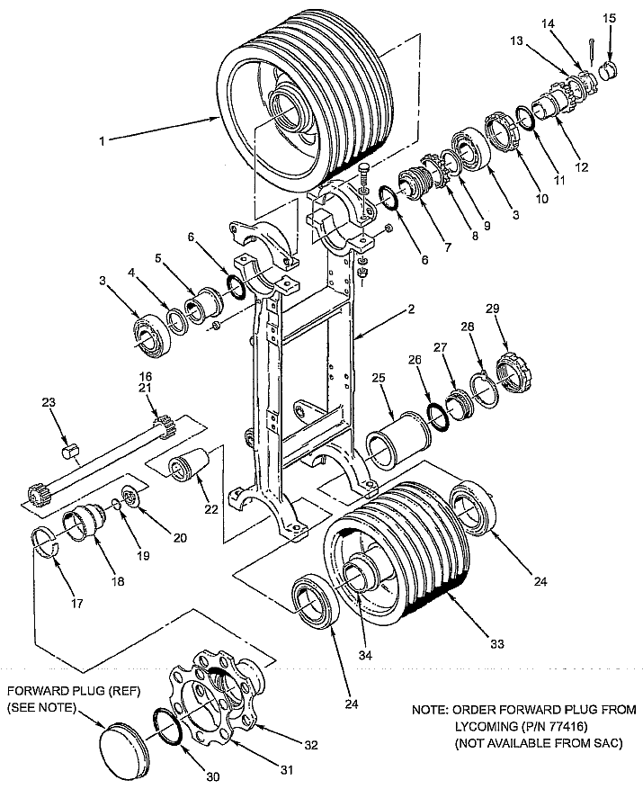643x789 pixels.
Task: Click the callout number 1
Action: [103, 141]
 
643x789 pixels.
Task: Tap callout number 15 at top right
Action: [609, 19]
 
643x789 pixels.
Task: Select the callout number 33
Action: [497, 643]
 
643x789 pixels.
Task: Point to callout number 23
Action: [49, 402]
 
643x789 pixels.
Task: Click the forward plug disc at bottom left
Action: [123, 742]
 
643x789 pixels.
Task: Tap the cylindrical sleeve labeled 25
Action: [399, 442]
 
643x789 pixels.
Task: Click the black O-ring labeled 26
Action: [439, 417]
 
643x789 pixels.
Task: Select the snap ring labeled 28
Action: [485, 386]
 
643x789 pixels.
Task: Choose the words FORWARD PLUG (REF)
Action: [74, 691]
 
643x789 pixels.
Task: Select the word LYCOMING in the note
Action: [486, 726]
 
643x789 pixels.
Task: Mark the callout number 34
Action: [365, 655]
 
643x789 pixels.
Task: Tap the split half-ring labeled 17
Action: [46, 542]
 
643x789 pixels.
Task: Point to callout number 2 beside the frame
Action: [411, 309]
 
